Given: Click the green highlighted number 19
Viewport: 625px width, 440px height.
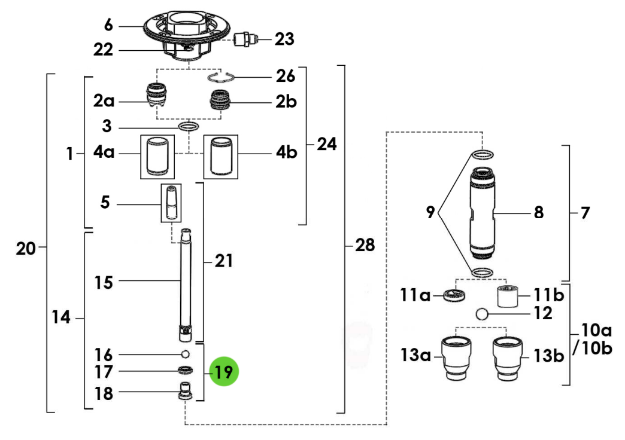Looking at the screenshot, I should point(224,372).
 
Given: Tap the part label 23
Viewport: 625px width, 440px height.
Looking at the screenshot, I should point(284,39).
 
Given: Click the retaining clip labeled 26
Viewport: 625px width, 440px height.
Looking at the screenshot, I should point(222,77).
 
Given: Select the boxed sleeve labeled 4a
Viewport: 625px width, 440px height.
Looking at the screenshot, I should point(156,156).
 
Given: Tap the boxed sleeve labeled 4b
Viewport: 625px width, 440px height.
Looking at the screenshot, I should point(221,156).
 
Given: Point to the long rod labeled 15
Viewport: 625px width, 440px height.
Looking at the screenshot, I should point(186,281).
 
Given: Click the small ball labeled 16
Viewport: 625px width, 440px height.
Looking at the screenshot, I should point(186,353).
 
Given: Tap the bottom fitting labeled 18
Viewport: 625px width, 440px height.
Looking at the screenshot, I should point(186,391).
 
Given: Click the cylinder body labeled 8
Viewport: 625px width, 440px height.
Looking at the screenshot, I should point(483,212).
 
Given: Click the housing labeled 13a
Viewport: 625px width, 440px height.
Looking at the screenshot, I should point(456,357).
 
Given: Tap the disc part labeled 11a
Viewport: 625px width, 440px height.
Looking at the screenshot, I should point(457,295).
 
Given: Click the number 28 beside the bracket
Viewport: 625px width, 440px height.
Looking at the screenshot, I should point(365,245).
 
